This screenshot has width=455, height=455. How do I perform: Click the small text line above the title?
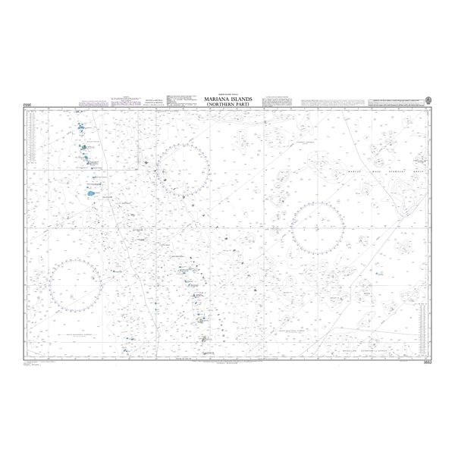(227, 92)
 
